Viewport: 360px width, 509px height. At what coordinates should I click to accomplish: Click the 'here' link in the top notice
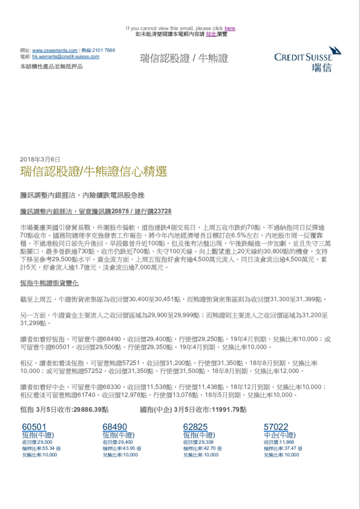230,28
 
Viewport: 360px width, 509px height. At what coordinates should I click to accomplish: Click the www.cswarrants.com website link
54,50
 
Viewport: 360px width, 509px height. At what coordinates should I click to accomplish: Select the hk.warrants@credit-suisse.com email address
65,56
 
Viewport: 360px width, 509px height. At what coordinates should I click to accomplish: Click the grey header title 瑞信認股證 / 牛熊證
184,59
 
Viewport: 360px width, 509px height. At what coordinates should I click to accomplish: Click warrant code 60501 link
34,427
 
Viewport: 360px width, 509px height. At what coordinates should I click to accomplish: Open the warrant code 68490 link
115,427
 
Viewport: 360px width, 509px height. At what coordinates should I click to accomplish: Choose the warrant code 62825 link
195,427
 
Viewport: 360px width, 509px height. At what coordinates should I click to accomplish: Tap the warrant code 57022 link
276,427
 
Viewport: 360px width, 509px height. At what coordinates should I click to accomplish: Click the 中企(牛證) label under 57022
280,435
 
